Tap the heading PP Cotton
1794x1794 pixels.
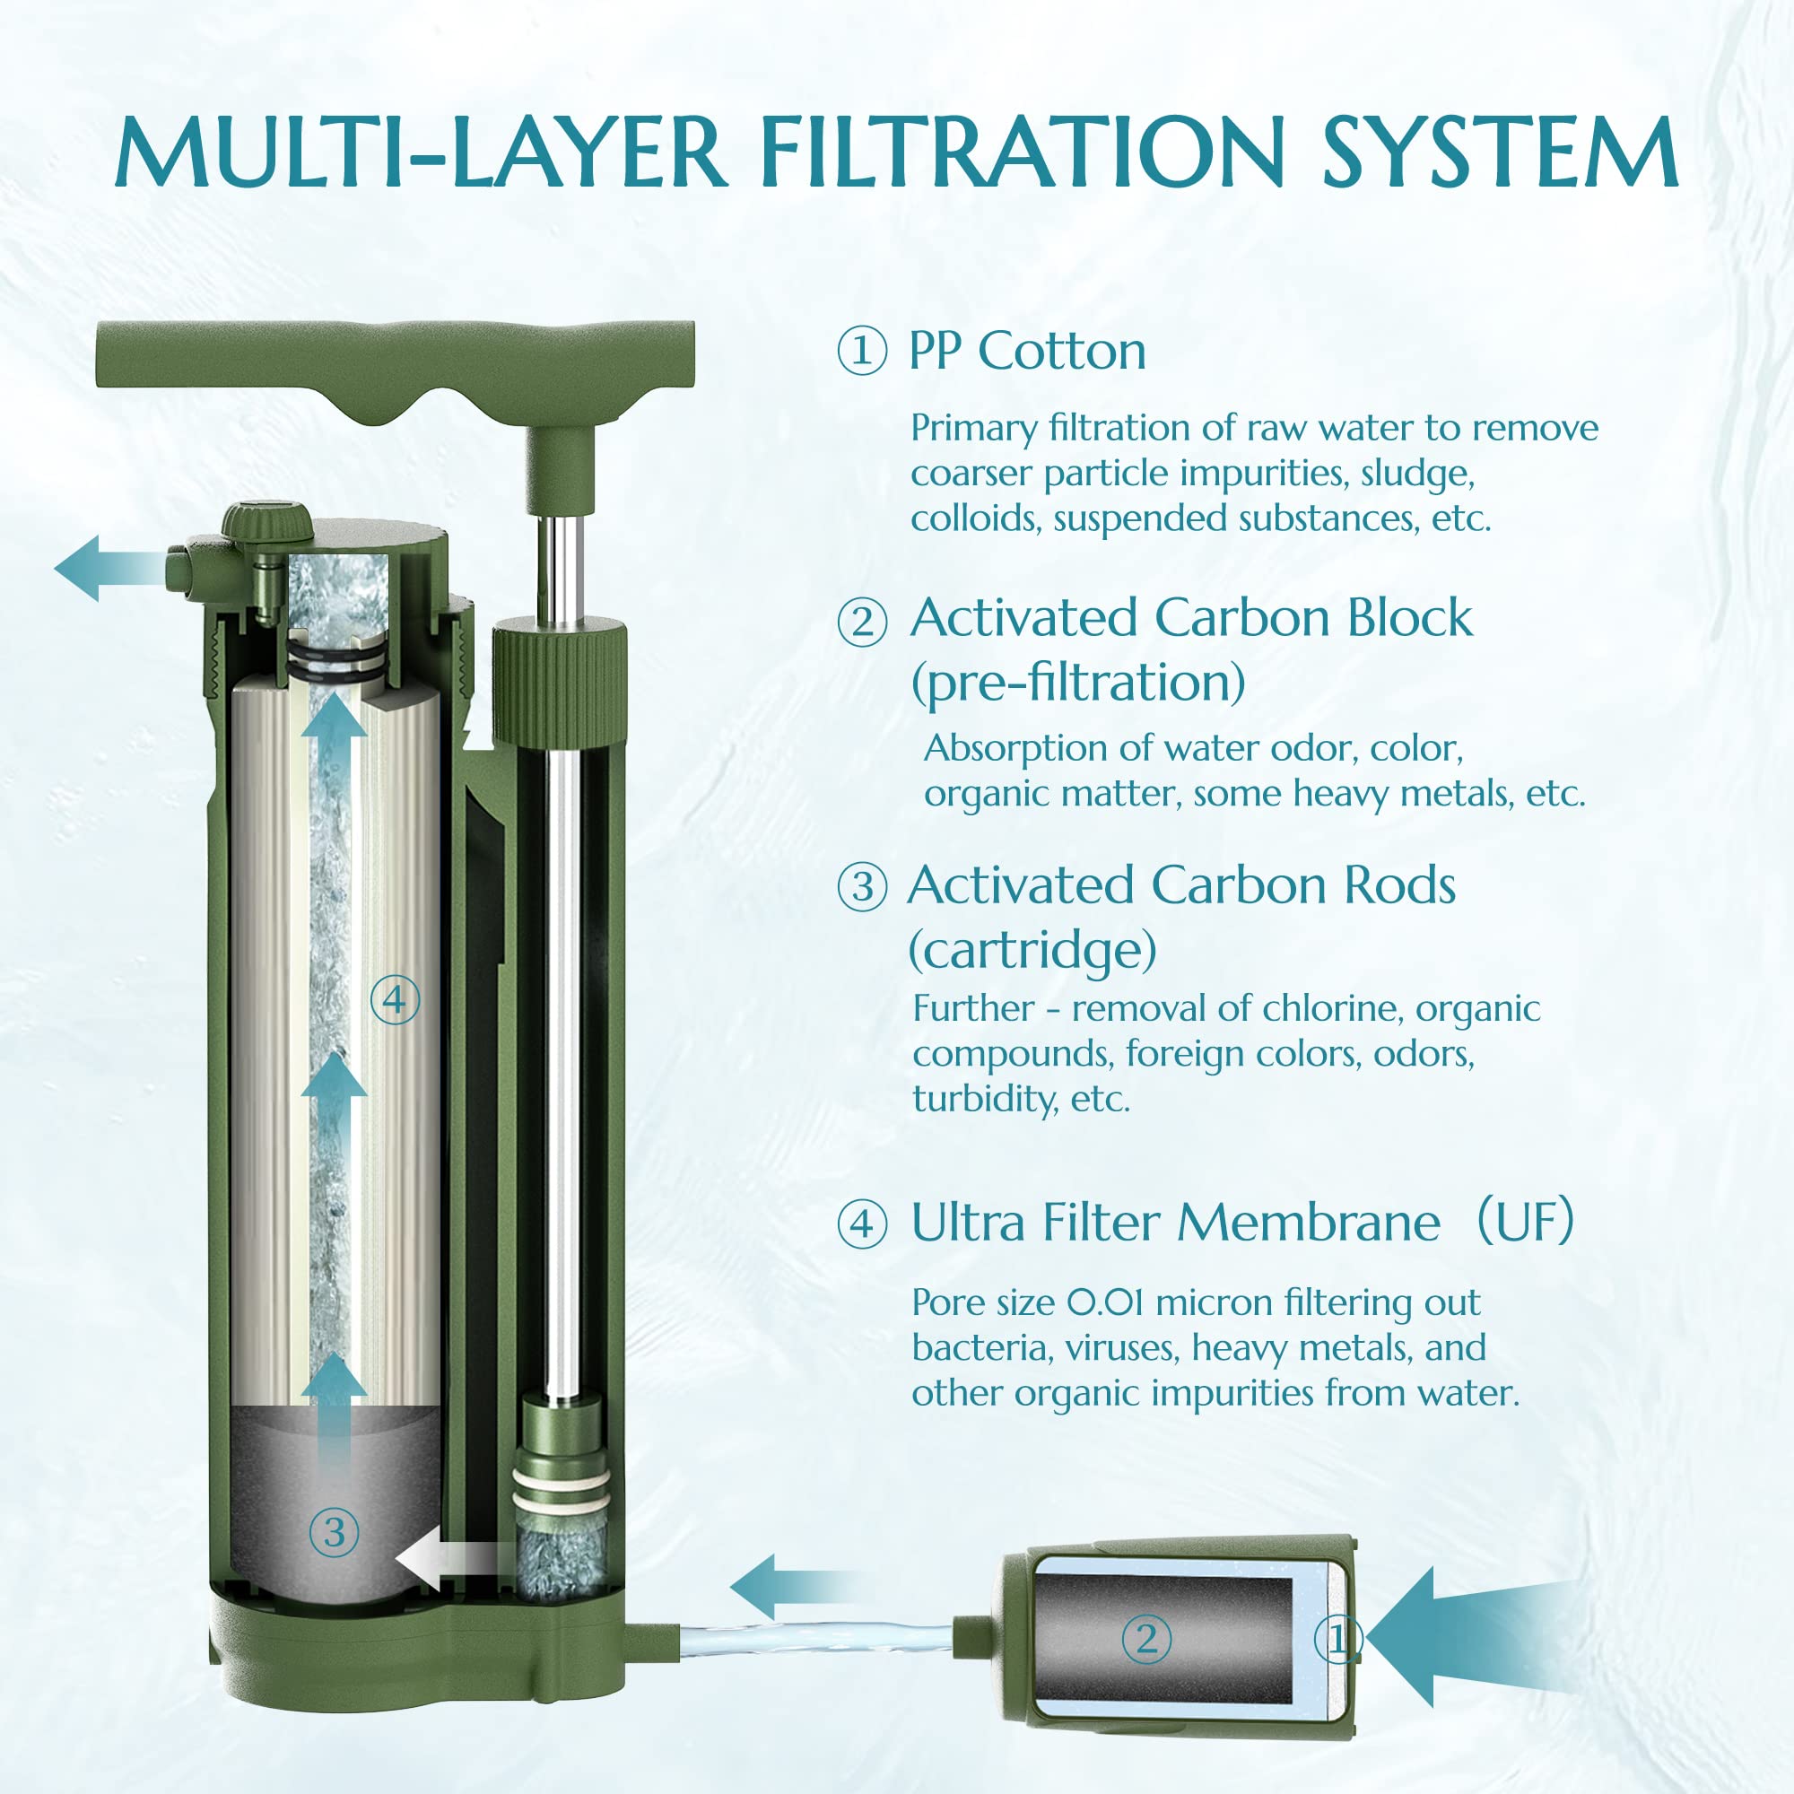point(1027,351)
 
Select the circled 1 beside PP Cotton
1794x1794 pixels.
point(861,352)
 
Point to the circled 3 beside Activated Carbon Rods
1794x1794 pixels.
point(862,887)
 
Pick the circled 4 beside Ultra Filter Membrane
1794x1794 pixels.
point(862,1223)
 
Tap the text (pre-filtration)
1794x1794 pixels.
point(1077,683)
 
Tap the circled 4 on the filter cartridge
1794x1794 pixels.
point(395,1001)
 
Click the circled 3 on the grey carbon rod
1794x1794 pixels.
point(334,1533)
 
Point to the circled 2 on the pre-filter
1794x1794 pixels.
point(1145,1640)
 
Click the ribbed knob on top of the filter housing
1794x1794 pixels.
point(266,521)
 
